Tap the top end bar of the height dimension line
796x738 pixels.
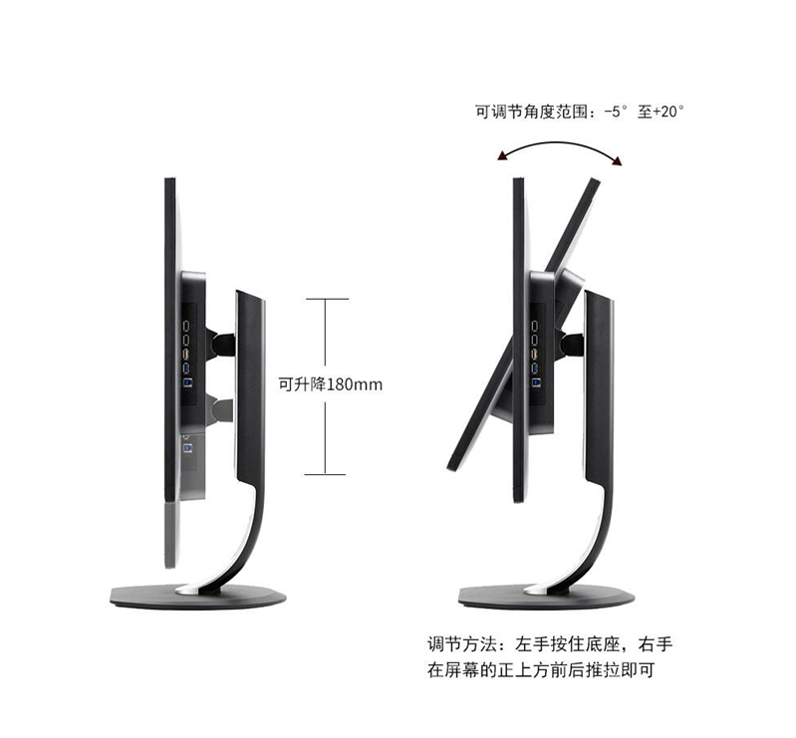point(327,298)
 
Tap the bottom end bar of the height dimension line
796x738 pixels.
point(327,474)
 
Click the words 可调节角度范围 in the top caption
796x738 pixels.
point(533,113)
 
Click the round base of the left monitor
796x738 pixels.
point(197,596)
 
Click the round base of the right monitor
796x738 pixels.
point(545,596)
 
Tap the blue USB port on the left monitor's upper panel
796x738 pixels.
point(186,379)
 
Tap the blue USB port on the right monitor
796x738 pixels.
point(536,379)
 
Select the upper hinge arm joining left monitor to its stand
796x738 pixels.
point(221,345)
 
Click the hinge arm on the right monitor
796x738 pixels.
point(571,345)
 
